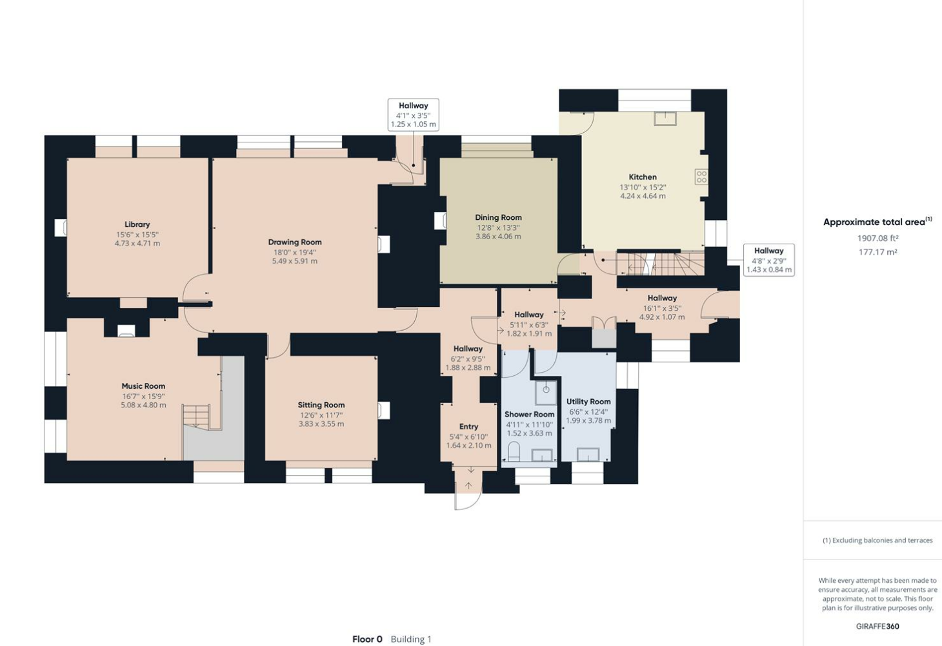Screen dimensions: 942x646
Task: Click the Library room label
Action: (137, 224)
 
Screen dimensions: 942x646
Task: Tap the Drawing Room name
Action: (295, 242)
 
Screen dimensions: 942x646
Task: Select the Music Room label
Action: (143, 386)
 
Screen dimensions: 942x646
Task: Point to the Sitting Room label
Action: (321, 405)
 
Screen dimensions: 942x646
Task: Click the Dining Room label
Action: (498, 217)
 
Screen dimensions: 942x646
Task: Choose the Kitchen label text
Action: (643, 177)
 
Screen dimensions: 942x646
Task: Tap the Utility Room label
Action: (588, 402)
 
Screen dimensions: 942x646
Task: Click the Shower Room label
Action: (530, 414)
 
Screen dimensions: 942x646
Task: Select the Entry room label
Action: (468, 426)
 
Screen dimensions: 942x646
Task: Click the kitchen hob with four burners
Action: (701, 177)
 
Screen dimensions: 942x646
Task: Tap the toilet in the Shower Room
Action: (514, 451)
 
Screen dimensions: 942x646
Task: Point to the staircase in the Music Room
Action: (196, 416)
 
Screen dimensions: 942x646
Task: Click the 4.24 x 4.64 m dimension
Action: (643, 196)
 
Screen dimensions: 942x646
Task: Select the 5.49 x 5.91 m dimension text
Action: (295, 261)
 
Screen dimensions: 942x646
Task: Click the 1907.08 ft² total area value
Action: (878, 239)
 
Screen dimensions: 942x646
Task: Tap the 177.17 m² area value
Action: (878, 252)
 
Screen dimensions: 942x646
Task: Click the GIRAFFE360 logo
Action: (877, 626)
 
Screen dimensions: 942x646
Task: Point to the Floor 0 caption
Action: (367, 640)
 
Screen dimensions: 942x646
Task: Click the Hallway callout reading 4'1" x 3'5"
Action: (414, 115)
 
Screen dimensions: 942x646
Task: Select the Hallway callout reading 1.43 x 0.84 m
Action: (768, 260)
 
